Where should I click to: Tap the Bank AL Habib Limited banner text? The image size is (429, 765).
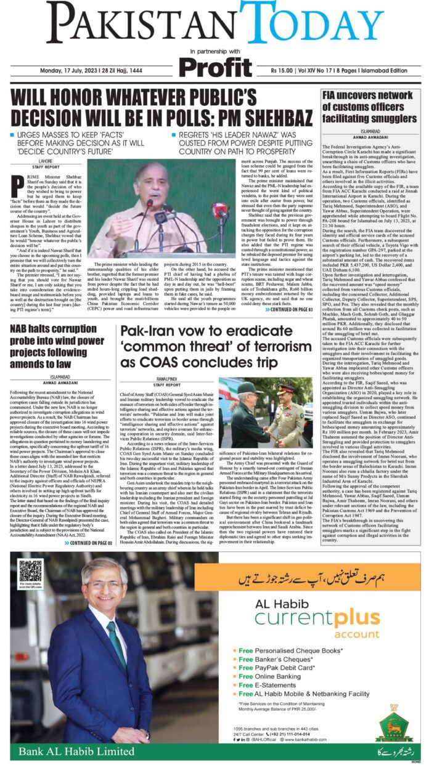pos(76,751)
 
